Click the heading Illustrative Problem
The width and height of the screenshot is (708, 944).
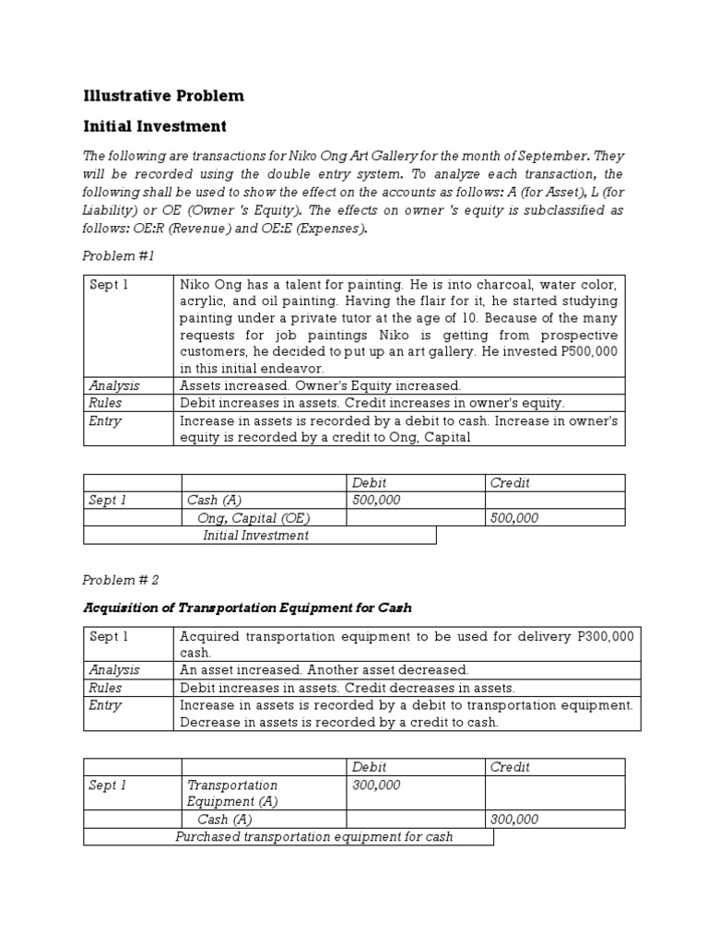coord(163,96)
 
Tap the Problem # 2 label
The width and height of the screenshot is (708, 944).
coord(121,580)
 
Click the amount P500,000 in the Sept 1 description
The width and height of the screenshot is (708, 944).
coord(586,352)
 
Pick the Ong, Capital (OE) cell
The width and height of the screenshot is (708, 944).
coord(247,518)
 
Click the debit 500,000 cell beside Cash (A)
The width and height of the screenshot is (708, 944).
coord(378,501)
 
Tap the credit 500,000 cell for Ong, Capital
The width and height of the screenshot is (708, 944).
coord(514,518)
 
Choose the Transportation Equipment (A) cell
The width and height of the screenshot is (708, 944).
coord(232,793)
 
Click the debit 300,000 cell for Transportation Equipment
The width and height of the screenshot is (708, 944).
coord(378,785)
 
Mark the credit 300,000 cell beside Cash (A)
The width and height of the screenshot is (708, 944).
coord(514,820)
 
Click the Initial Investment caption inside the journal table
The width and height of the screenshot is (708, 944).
coord(255,536)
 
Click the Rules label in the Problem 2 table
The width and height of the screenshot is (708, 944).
coord(105,688)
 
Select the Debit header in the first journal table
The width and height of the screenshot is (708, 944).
coord(369,483)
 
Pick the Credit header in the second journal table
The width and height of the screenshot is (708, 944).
coord(510,767)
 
